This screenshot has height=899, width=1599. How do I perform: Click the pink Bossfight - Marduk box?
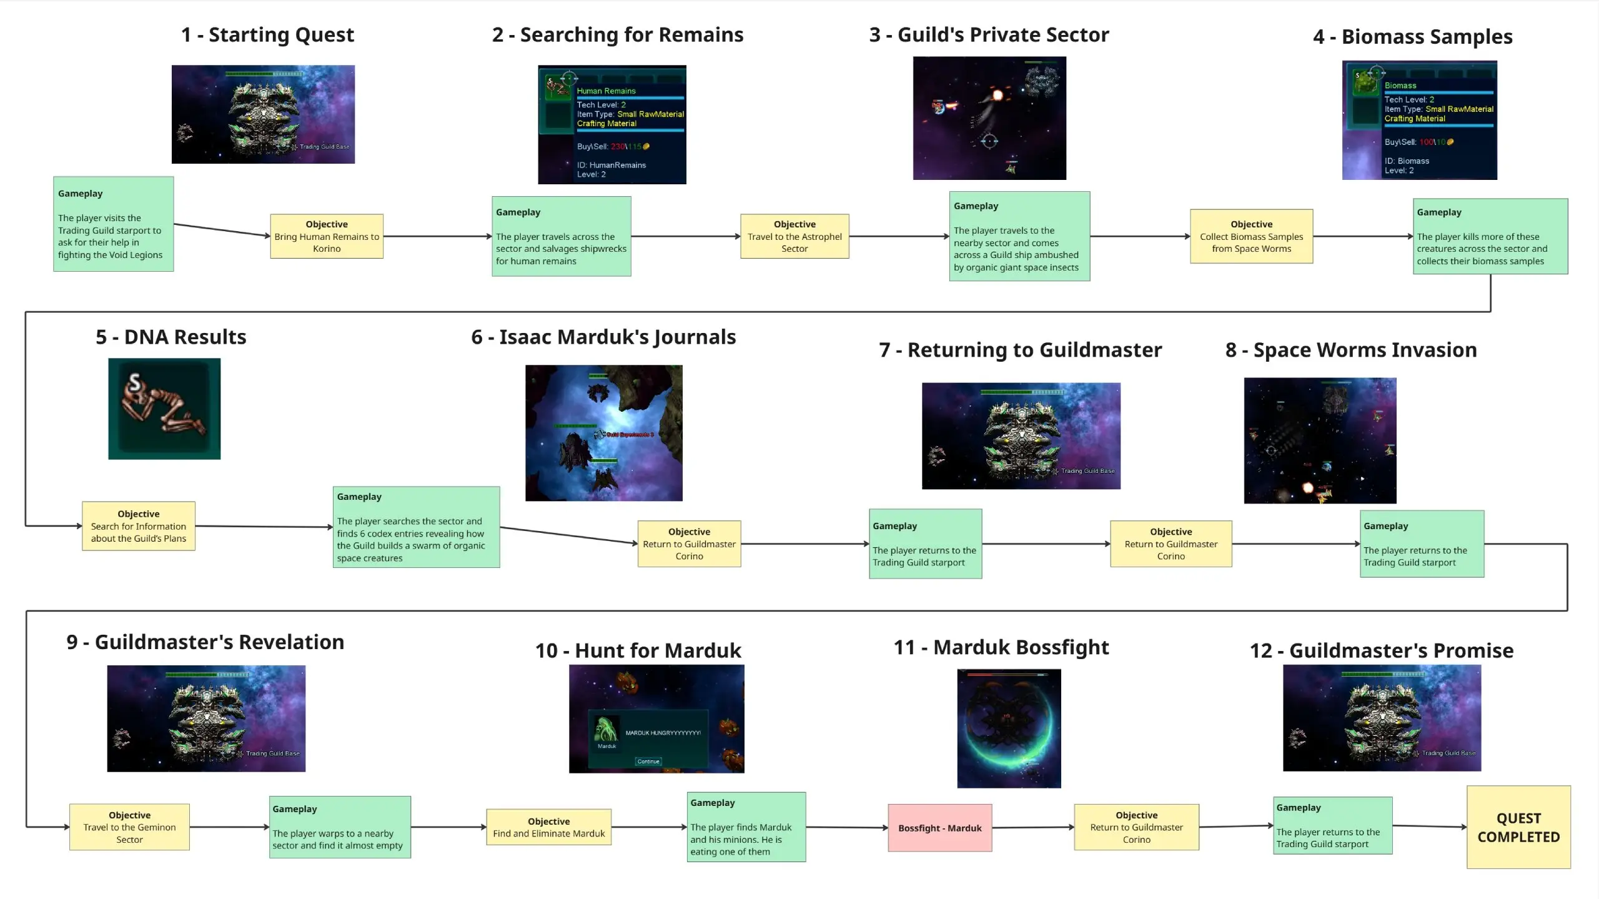coord(939,828)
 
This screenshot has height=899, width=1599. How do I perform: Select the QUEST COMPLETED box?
coord(1518,827)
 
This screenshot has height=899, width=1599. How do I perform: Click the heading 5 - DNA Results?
coord(171,337)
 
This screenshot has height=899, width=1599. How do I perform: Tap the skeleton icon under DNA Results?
coord(164,409)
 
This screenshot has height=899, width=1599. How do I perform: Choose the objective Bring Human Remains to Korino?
coord(327,236)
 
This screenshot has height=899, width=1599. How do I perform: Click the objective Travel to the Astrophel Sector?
coord(795,236)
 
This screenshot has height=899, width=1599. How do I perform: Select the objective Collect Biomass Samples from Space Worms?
coord(1251,236)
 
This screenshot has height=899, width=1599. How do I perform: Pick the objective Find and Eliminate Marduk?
coord(548,827)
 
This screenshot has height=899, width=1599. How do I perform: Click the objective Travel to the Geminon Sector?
coord(129,827)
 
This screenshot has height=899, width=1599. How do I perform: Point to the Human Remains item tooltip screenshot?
coord(612,125)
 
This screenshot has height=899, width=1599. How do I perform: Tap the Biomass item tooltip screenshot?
coord(1419,120)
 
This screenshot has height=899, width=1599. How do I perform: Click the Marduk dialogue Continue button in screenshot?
coord(648,761)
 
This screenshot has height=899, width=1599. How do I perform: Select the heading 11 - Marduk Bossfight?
coord(1001,647)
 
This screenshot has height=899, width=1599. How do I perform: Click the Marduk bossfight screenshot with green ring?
coord(1009,728)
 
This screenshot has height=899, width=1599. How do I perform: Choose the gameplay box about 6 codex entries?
coord(416,527)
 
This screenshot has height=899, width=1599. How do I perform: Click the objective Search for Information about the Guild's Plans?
coord(139,526)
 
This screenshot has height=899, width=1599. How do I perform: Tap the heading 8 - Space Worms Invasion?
coord(1351,350)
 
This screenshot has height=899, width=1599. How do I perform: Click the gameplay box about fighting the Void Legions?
coord(113,224)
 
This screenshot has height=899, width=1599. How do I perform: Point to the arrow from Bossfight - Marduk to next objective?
coord(1033,828)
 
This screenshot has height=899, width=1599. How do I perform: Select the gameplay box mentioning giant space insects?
coord(1019,236)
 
